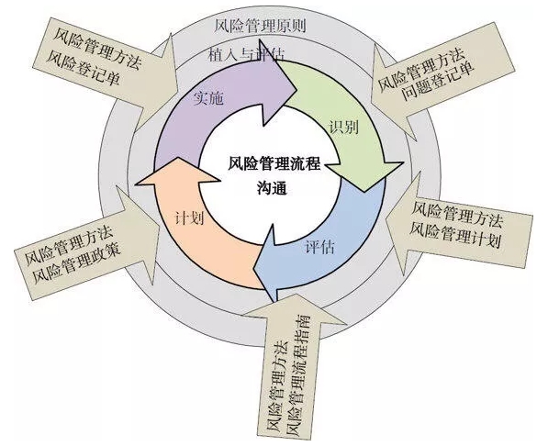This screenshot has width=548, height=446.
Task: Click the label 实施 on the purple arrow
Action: point(208,99)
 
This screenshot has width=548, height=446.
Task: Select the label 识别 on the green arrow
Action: point(344,128)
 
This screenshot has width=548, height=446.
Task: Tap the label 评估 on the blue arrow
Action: point(319,247)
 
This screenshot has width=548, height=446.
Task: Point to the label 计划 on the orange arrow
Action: point(189,218)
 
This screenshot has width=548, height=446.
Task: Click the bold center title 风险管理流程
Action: point(274,163)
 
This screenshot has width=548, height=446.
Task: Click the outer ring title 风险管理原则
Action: point(260,26)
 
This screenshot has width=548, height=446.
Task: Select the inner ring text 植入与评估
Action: point(247,54)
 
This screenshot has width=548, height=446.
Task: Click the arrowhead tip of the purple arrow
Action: point(297,92)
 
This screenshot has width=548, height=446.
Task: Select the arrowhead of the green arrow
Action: point(365,192)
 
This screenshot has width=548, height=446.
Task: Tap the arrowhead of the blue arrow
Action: point(253,270)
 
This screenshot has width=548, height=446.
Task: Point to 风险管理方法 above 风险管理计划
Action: point(457,214)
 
